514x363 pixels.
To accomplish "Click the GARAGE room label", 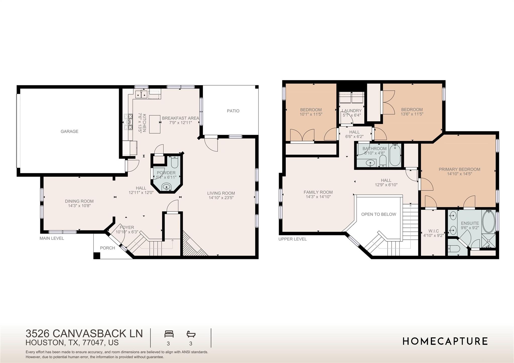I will point(69,131).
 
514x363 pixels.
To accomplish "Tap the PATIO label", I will point(233,111).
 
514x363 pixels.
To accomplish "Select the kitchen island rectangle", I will point(155,124).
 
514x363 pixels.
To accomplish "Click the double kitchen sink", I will point(141,95).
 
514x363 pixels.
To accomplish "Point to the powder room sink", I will point(166,187).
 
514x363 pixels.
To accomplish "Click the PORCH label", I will point(107,248).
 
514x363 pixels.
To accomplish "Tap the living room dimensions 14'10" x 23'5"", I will point(221,198).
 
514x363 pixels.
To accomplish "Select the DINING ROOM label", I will point(79,201).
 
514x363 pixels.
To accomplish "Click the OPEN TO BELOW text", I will point(378,214).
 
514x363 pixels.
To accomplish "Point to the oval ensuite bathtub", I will point(488,222).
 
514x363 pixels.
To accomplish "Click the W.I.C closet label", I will point(433,231).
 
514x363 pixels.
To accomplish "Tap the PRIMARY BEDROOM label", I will point(459,169).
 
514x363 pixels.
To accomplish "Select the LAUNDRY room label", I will point(351,111).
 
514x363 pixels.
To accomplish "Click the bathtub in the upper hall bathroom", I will point(395,155).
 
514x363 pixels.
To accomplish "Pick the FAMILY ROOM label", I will point(318,192).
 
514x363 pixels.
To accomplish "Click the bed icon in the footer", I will point(169,334).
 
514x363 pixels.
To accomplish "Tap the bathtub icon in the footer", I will point(191,334).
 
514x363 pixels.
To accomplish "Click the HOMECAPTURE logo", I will point(445,341).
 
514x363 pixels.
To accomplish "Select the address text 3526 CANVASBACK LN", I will point(84,333).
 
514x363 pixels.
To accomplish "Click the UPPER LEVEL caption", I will point(292,239).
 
